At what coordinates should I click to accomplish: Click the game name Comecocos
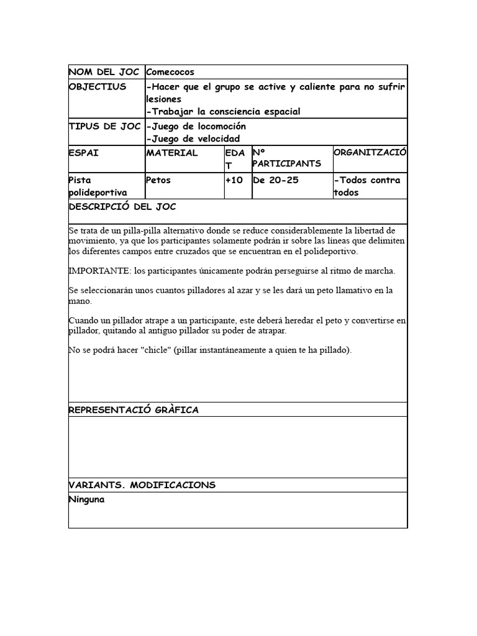click(170, 73)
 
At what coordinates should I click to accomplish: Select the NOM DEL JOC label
click(104, 73)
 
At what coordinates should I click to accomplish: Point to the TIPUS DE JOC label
click(104, 127)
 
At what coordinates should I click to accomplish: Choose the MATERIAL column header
click(172, 153)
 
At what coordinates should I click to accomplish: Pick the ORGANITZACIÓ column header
click(370, 153)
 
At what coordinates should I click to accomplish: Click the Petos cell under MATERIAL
click(158, 180)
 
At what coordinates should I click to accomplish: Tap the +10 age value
click(235, 180)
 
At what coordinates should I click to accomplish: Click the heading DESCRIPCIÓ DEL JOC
click(126, 207)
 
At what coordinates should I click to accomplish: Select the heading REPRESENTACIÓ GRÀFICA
click(134, 410)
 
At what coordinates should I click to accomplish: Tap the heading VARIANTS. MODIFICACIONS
click(142, 485)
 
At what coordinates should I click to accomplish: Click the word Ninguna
click(86, 499)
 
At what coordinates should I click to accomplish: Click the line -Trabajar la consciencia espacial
click(223, 112)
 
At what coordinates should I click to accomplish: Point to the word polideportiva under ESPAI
click(98, 193)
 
